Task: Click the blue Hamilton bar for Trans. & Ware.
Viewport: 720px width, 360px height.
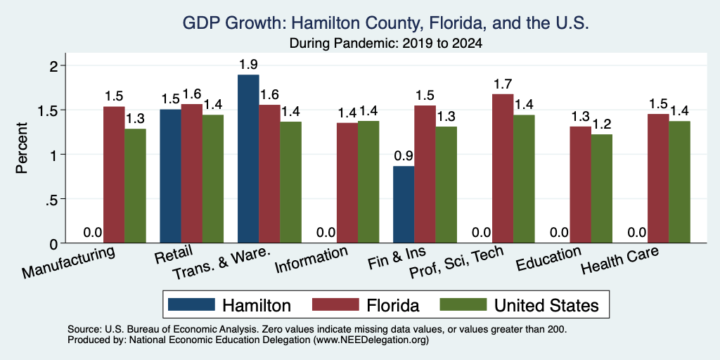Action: pyautogui.click(x=248, y=159)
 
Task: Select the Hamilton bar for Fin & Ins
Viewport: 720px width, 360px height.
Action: pyautogui.click(x=404, y=205)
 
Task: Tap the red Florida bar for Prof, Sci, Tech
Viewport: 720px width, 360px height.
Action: pyautogui.click(x=503, y=169)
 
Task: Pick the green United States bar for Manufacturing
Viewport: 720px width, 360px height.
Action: pyautogui.click(x=135, y=186)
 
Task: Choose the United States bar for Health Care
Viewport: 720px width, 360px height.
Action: pyautogui.click(x=679, y=182)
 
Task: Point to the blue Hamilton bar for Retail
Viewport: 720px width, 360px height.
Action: pyautogui.click(x=170, y=176)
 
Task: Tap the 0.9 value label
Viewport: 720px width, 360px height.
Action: pyautogui.click(x=404, y=157)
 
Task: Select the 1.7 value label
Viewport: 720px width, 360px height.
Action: pyautogui.click(x=503, y=84)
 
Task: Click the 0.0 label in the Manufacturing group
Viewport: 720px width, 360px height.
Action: pyautogui.click(x=93, y=232)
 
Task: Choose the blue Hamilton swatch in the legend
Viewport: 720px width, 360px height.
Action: pyautogui.click(x=191, y=304)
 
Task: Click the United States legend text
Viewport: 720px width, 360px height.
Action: pyautogui.click(x=546, y=305)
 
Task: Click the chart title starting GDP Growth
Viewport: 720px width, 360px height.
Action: pyautogui.click(x=386, y=23)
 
